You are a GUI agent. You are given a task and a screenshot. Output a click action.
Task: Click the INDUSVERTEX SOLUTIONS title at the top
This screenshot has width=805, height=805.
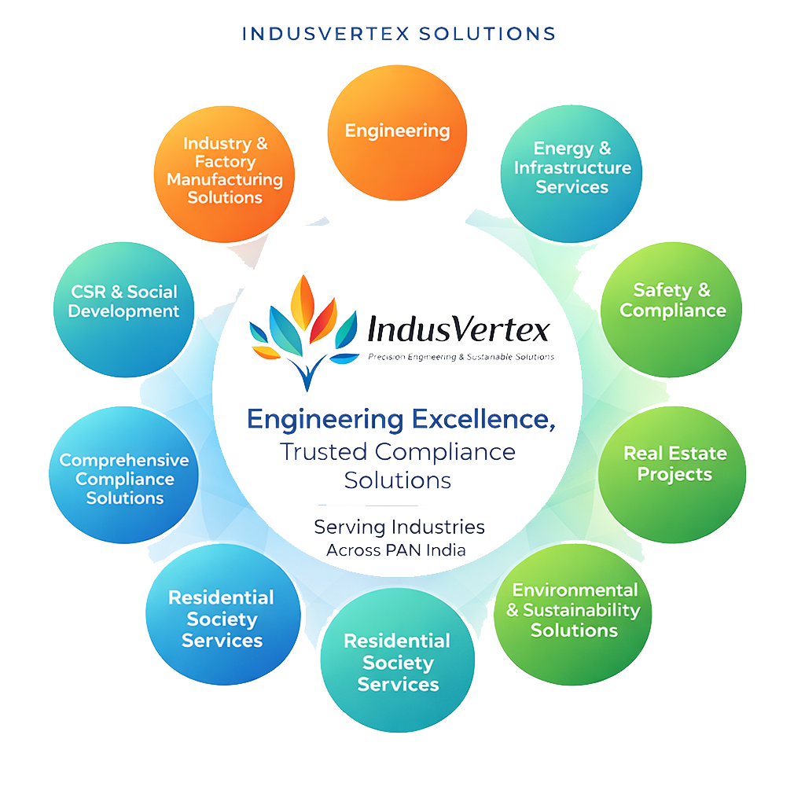399,34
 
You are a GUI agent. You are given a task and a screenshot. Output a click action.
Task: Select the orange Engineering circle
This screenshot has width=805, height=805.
397,131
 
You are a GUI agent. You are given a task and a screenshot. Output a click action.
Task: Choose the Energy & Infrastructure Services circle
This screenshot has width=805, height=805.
572,168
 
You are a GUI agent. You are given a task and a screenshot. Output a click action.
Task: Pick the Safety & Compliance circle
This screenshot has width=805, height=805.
672,302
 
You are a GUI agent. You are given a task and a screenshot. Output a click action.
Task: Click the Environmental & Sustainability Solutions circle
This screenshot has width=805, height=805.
574,611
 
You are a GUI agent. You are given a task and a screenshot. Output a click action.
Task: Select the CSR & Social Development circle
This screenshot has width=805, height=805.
123,302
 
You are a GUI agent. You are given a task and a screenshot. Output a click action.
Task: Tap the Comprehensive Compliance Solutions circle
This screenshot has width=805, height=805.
124,478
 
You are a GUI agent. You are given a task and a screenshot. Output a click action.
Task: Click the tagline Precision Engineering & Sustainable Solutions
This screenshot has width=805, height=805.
461,357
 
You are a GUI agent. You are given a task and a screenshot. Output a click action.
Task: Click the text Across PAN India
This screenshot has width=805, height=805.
396,550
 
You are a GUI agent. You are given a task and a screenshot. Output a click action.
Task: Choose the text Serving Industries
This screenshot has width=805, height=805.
399,526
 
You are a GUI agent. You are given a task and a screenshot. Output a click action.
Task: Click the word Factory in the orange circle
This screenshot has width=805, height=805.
225,162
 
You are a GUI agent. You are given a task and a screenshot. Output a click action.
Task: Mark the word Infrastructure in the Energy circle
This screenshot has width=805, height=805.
572,168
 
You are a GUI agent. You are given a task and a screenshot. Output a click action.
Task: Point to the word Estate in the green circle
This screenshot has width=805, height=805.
695,454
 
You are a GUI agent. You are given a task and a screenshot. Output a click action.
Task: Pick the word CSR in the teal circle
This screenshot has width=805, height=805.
88,292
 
